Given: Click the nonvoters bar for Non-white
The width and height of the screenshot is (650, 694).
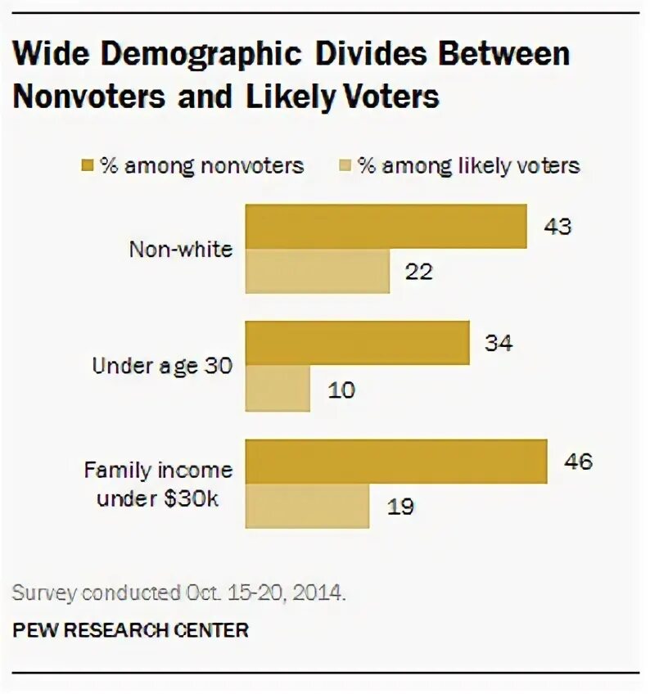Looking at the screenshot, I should [386, 227].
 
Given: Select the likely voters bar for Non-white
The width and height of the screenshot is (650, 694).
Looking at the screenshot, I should [318, 271].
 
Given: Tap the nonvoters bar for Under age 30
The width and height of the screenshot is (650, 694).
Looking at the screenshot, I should [358, 343].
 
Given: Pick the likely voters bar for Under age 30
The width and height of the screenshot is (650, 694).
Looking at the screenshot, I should [278, 388].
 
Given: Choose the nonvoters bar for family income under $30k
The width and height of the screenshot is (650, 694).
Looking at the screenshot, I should [396, 462].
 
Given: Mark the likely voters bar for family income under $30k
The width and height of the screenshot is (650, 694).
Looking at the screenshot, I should [307, 506].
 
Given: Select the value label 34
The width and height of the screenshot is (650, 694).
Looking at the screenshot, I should [499, 343].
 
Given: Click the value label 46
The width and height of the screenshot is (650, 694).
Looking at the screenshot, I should [577, 462].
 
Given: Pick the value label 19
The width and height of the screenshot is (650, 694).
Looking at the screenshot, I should [400, 507].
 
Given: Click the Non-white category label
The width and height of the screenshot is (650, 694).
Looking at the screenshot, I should [181, 249].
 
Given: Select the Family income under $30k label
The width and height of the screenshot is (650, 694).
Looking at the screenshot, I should [159, 484].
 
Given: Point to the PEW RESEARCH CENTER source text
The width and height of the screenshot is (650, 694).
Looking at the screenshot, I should [129, 630].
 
